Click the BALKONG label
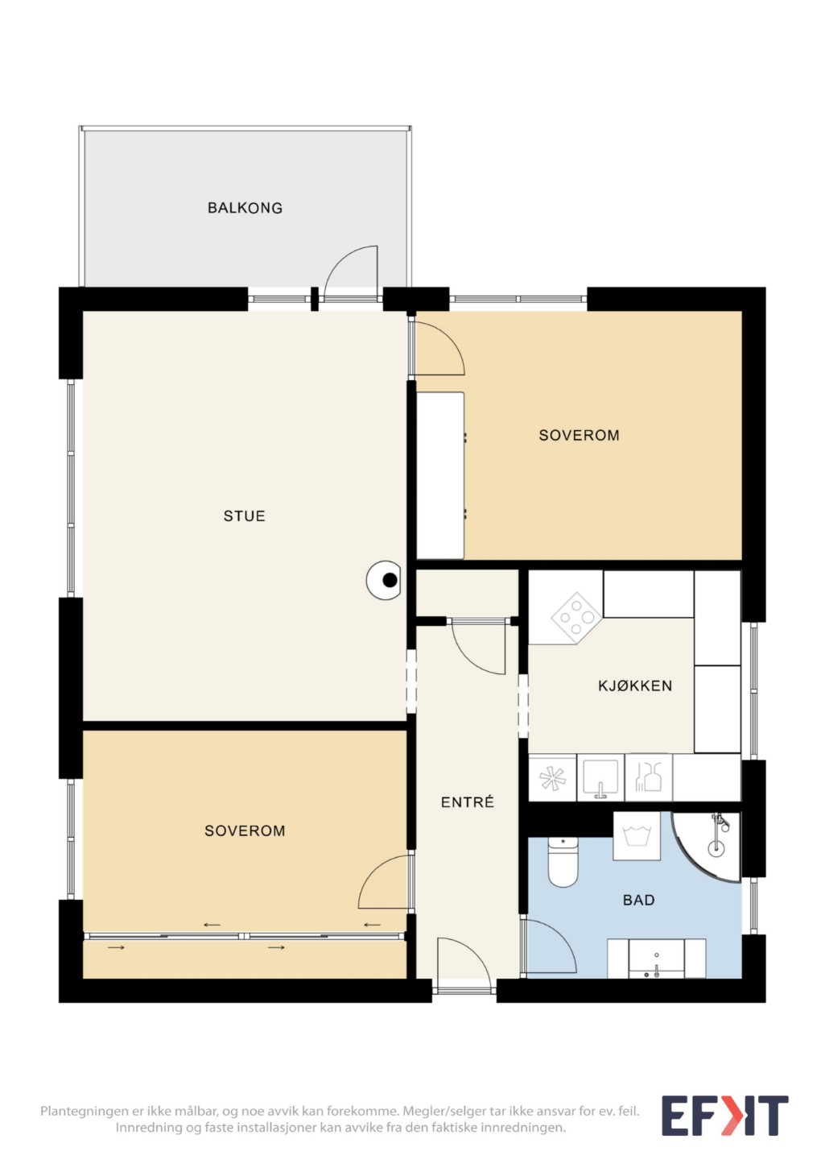tap(245, 208)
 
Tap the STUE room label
tap(245, 516)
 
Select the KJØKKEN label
tap(635, 685)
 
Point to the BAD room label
tap(638, 900)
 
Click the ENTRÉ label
tap(467, 801)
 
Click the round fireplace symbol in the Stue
tap(384, 580)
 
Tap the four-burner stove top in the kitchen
tap(576, 618)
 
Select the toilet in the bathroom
tap(563, 862)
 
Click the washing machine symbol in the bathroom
tap(637, 835)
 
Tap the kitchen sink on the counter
tap(600, 777)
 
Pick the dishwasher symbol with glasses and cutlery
tap(648, 777)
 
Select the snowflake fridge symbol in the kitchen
tap(552, 777)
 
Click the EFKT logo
tap(725, 1116)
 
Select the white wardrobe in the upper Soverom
tap(440, 475)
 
